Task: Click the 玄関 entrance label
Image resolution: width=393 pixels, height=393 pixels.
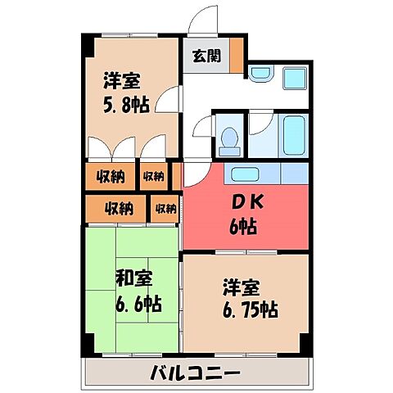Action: (x=206, y=57)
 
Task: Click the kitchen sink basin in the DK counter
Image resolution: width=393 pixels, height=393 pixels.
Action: (x=243, y=174)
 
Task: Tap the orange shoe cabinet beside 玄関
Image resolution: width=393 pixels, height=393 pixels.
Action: (x=235, y=56)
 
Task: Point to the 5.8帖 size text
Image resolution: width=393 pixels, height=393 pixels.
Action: (x=125, y=105)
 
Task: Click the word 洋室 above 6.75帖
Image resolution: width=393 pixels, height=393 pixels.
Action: (x=241, y=288)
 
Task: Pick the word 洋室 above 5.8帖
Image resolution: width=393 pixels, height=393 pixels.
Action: (x=120, y=81)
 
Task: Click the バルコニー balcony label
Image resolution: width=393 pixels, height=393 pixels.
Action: (x=195, y=374)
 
